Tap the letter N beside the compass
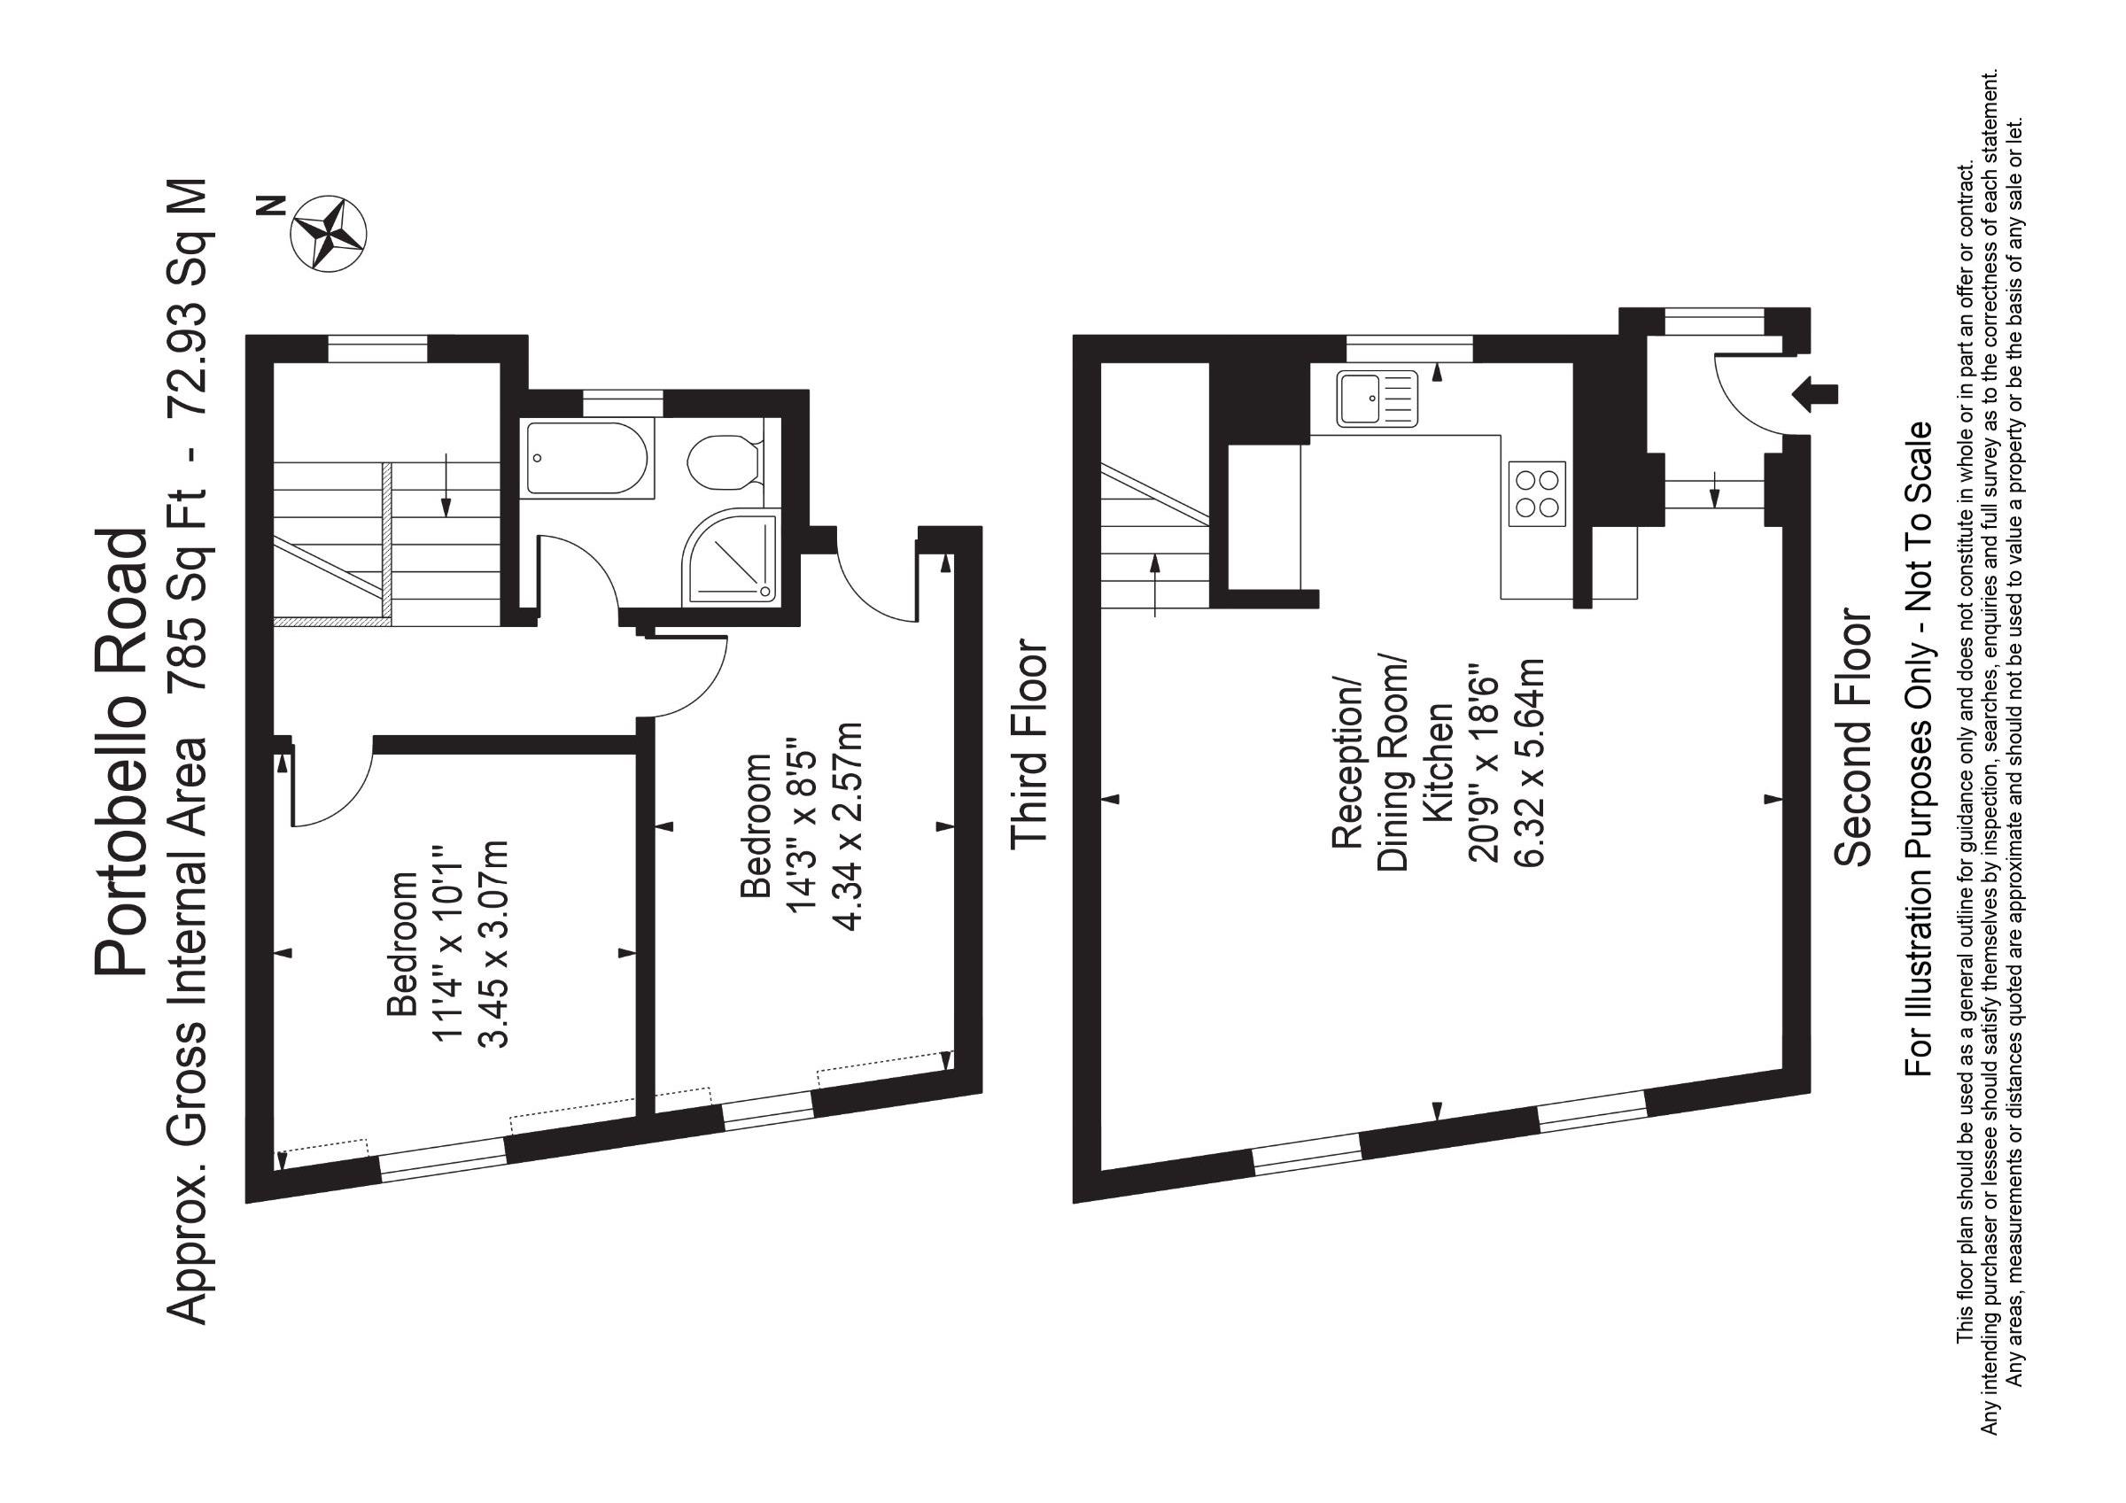pos(272,207)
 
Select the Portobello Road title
pos(121,752)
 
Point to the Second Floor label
pos(1855,737)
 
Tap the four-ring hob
pos(1537,493)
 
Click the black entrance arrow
pos(1815,393)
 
